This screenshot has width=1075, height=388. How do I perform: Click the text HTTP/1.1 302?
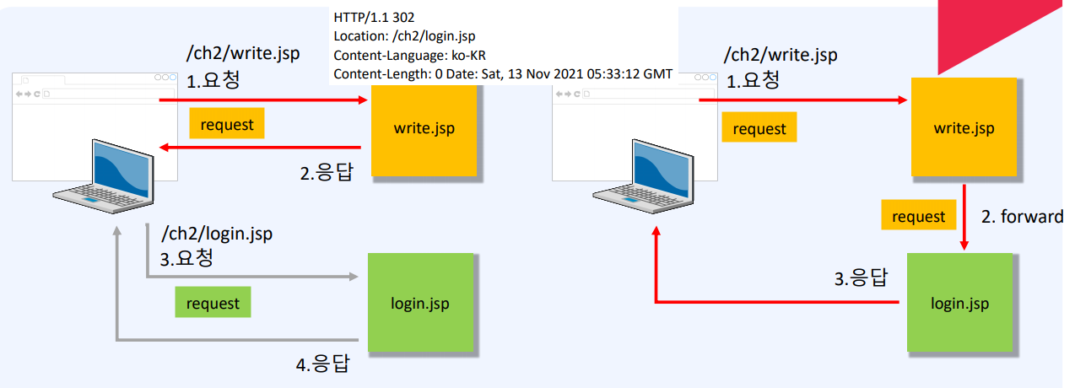[375, 17]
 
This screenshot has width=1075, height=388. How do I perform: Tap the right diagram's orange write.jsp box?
[964, 128]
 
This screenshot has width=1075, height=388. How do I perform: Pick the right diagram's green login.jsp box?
[959, 302]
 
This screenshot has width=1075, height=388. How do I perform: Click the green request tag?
[213, 303]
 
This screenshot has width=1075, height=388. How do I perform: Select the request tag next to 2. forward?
[918, 216]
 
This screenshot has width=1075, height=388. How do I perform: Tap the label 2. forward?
[1021, 217]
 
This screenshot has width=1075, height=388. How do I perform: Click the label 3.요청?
[186, 257]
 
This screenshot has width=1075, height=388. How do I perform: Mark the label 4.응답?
[321, 364]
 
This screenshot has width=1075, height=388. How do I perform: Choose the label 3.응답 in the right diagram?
[860, 278]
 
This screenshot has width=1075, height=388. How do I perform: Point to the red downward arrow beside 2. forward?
[964, 217]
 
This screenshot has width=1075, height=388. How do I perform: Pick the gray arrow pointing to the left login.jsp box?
[253, 276]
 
